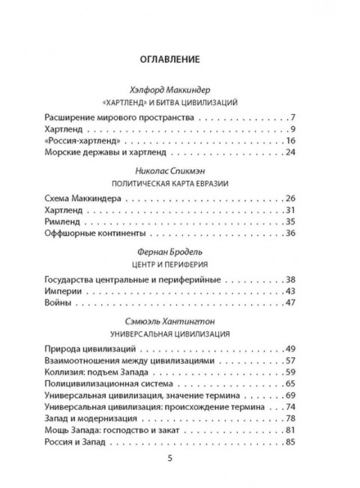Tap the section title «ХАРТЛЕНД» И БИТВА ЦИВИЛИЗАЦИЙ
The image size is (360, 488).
179,100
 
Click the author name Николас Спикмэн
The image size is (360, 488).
179,170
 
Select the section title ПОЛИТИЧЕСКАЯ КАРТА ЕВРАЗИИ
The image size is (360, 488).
179,183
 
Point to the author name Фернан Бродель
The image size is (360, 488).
179,252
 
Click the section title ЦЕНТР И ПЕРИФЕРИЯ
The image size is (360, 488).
179,264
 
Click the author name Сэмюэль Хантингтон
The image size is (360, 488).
179,319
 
